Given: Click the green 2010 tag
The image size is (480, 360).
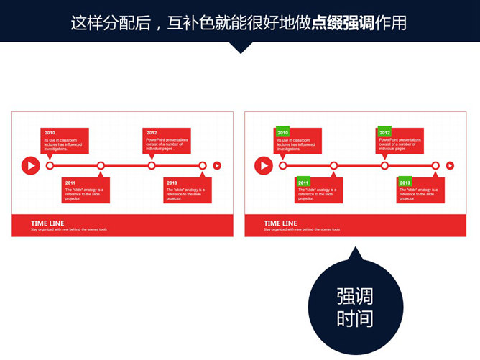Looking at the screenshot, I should click(x=282, y=132).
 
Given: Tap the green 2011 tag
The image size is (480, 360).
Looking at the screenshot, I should click(x=303, y=183).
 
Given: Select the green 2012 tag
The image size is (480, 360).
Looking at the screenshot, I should click(x=384, y=132).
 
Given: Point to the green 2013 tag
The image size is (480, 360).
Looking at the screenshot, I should click(x=405, y=183).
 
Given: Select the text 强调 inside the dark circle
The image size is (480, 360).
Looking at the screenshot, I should click(x=354, y=297).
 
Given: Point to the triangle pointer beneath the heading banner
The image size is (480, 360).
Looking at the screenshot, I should click(x=241, y=47).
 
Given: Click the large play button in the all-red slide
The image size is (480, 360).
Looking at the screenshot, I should click(x=30, y=166).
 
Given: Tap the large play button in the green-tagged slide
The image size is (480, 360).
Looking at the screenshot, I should click(x=263, y=166).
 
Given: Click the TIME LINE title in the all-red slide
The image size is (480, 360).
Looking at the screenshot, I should click(x=47, y=223).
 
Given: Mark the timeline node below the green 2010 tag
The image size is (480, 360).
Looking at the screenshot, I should click(x=282, y=166).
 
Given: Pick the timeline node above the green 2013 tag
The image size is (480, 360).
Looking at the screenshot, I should click(x=435, y=166).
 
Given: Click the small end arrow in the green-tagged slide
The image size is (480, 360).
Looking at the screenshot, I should click(x=451, y=166).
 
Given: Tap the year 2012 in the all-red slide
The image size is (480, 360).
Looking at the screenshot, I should click(x=152, y=133).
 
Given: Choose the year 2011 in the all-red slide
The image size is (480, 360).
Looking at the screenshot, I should click(x=70, y=183).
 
